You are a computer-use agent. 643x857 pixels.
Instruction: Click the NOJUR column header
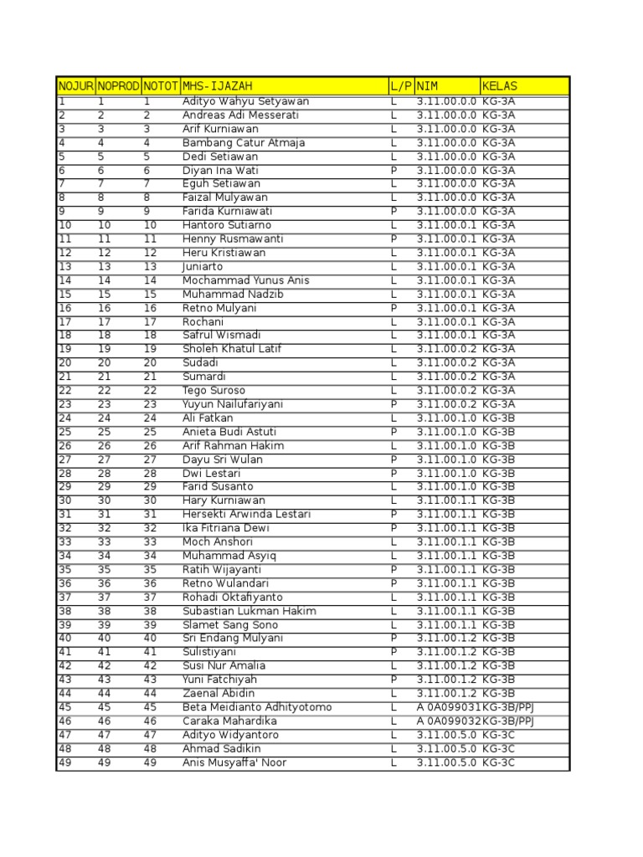[75, 86]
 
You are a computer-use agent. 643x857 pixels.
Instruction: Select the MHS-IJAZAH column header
[217, 86]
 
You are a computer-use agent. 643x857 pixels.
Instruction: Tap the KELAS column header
[500, 86]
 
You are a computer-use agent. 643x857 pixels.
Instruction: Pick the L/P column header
[401, 86]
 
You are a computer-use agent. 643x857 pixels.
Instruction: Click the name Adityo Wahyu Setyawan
[245, 101]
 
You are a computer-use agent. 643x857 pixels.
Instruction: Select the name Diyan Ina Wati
[221, 170]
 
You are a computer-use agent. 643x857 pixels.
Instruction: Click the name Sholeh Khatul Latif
[232, 349]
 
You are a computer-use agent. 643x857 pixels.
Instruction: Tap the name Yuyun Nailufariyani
[233, 404]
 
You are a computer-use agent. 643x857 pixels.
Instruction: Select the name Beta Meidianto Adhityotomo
[257, 707]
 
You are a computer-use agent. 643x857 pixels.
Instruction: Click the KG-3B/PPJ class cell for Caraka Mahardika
[508, 721]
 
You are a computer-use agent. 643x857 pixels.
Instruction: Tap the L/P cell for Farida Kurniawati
[394, 211]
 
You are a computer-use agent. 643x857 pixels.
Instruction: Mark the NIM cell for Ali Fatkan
[446, 418]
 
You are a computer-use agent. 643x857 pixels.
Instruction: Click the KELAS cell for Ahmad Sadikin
[499, 748]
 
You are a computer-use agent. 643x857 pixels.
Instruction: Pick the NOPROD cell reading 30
[105, 500]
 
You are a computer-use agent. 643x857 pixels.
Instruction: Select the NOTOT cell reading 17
[150, 321]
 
